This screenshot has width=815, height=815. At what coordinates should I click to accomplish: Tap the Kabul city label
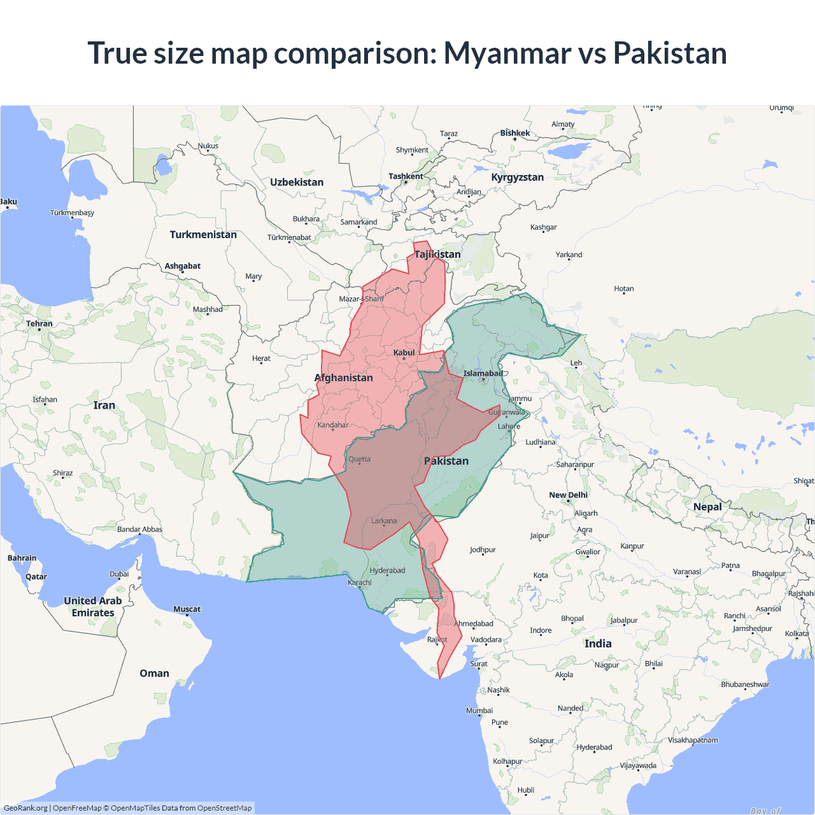404,353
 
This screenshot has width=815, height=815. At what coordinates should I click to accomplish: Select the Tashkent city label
406,176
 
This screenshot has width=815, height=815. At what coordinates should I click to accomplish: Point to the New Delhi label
568,495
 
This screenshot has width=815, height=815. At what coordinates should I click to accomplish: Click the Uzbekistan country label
297,182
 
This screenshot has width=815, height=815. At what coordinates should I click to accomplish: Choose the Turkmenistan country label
203,234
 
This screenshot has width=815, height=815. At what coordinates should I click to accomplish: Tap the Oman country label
154,673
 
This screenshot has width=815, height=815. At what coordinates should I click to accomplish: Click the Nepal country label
707,507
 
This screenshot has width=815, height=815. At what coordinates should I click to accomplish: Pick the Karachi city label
360,583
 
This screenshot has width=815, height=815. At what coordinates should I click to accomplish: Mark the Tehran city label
39,323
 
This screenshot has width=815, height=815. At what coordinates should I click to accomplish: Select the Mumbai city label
479,711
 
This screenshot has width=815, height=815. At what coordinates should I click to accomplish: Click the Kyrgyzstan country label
517,177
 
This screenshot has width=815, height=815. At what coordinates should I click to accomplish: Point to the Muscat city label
187,609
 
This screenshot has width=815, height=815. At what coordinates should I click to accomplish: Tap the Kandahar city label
333,425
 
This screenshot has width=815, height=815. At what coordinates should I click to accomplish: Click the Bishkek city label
514,133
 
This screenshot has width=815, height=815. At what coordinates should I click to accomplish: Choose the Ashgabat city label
183,266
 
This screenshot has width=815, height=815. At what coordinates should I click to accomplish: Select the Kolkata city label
797,634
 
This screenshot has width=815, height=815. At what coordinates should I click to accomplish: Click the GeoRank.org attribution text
25,808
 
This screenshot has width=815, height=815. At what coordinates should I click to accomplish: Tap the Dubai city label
119,574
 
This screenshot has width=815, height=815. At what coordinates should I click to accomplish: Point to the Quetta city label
359,459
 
